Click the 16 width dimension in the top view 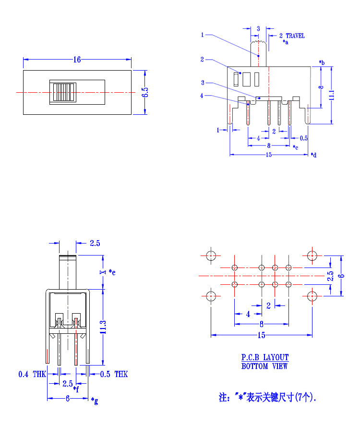click(77, 60)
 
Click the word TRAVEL click(295, 36)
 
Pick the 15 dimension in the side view click(269, 155)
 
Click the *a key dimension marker click(286, 43)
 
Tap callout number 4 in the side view click(202, 96)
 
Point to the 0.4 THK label click(32, 374)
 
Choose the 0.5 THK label click(114, 374)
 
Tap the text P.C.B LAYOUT click(265, 357)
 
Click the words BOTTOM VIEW click(265, 366)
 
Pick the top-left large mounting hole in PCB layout click(211, 256)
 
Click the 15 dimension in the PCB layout click(262, 335)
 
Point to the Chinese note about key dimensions click(268, 397)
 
